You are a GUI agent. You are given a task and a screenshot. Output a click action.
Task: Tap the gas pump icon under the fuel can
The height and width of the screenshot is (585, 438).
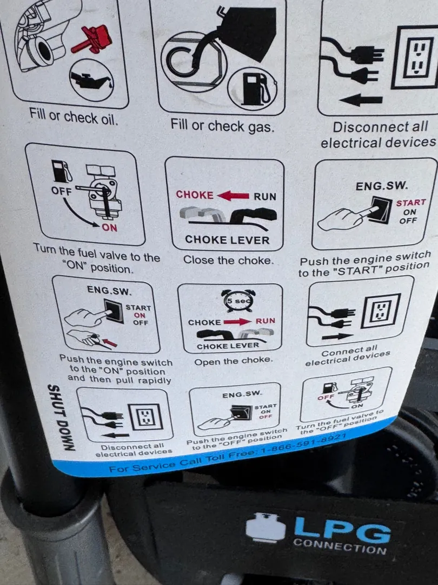tap(254, 88)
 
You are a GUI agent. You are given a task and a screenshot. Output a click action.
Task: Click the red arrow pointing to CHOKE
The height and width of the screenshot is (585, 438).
tap(233, 195)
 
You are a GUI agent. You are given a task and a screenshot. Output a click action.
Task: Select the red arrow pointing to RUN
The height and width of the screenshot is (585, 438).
tap(237, 321)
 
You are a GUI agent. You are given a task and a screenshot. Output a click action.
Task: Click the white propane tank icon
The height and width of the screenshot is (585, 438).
tap(265, 528)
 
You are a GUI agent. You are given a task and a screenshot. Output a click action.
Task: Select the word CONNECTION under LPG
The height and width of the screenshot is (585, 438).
tap(339, 546)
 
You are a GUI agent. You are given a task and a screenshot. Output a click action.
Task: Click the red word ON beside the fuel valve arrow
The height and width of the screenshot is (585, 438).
tap(109, 227)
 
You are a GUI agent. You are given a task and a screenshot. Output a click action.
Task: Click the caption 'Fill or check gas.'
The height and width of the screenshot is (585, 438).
tap(222, 126)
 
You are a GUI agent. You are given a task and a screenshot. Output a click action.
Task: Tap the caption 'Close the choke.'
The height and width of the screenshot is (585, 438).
tap(228, 259)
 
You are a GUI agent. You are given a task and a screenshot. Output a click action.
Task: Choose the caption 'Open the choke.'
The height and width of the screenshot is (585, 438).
tap(234, 361)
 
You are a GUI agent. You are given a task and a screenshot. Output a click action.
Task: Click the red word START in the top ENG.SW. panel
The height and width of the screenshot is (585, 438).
tap(411, 203)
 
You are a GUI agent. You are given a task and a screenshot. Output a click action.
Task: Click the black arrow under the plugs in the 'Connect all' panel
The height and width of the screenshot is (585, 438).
tap(337, 336)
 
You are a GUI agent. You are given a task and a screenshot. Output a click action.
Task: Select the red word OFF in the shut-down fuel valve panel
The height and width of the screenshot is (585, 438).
tap(325, 398)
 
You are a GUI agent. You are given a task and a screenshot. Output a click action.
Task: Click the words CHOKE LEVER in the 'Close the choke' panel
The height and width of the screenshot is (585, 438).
tap(227, 239)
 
